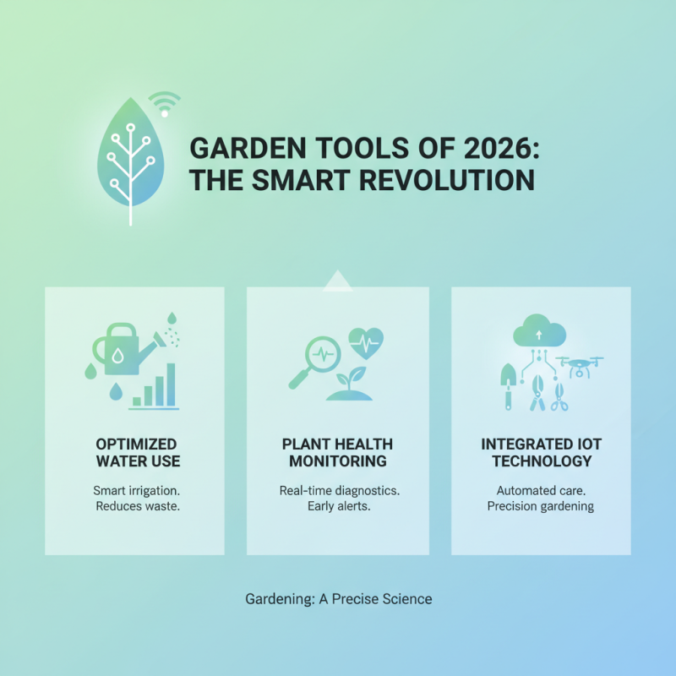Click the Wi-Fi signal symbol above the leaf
pyautogui.click(x=164, y=104)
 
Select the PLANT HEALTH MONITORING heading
pyautogui.click(x=337, y=453)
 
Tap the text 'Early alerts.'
pyautogui.click(x=337, y=506)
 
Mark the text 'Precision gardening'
pyautogui.click(x=541, y=506)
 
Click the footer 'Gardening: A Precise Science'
pyautogui.click(x=338, y=599)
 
